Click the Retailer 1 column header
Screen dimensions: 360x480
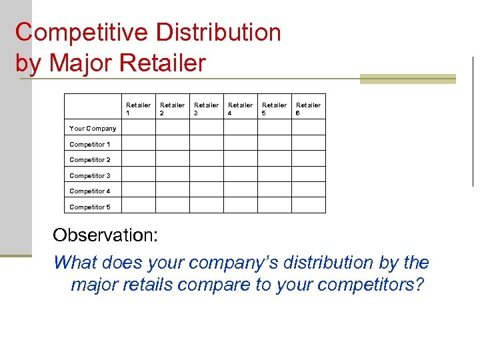(x=138, y=109)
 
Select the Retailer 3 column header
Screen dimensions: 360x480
(x=206, y=109)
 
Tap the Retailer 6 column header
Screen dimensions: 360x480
(x=308, y=109)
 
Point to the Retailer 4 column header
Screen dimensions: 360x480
(x=240, y=109)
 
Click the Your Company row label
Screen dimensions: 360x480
(x=93, y=128)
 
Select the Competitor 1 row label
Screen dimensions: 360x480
(x=90, y=144)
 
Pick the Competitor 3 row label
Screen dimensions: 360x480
(x=90, y=175)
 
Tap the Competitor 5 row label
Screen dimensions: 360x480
(x=90, y=207)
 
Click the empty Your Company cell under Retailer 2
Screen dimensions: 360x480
(x=173, y=127)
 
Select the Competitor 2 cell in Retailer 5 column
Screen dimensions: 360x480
(x=274, y=159)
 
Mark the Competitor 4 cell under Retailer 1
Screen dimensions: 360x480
(x=139, y=190)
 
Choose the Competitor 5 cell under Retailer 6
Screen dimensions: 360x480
(x=309, y=205)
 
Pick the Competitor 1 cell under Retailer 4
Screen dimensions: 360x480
(x=240, y=143)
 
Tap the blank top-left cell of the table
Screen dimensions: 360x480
(x=93, y=107)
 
